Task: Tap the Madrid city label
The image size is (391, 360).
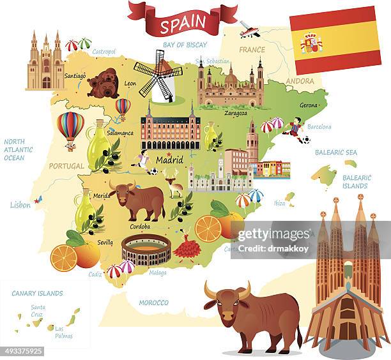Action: [x=169, y=160]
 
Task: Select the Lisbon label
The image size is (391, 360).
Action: [x=20, y=205]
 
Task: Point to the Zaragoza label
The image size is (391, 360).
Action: [x=236, y=113]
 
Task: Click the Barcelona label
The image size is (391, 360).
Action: [x=319, y=127]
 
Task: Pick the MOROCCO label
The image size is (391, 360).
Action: [x=153, y=303]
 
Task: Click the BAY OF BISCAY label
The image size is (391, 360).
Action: [x=186, y=45]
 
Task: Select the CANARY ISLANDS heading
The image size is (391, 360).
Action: [x=37, y=294]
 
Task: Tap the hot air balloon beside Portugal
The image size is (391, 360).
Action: [x=70, y=128]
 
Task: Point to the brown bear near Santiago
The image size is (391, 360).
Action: [x=103, y=84]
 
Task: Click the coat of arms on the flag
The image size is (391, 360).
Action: [x=311, y=43]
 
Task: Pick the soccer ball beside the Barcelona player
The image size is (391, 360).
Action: [x=306, y=140]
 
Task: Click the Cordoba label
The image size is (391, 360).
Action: [x=140, y=226]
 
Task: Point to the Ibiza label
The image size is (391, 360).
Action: [x=279, y=203]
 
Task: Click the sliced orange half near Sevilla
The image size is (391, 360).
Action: [x=63, y=258]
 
